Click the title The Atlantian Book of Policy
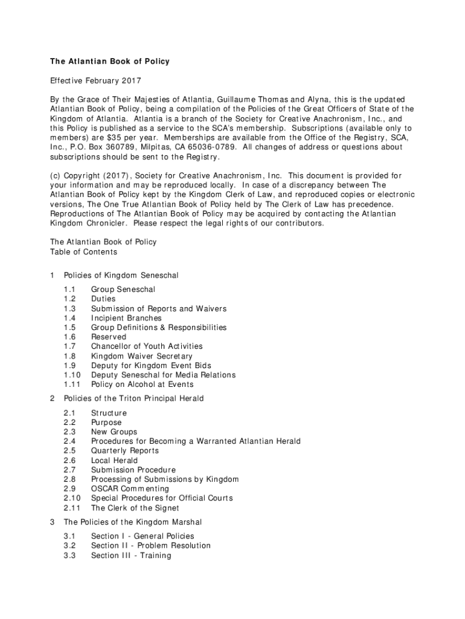pos(109,62)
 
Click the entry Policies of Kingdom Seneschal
pos(121,276)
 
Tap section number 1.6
pos(69,337)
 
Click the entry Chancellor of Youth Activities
pos(147,346)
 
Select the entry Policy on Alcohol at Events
pos(142,384)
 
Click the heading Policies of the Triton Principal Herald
pos(133,398)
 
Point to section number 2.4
pos(69,441)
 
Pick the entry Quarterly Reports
pos(124,451)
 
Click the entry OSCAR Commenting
pos(130,488)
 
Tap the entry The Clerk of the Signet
pos(135,508)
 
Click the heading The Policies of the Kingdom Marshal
pos(133,522)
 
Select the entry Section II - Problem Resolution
pos(150,546)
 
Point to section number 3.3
pos(69,555)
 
